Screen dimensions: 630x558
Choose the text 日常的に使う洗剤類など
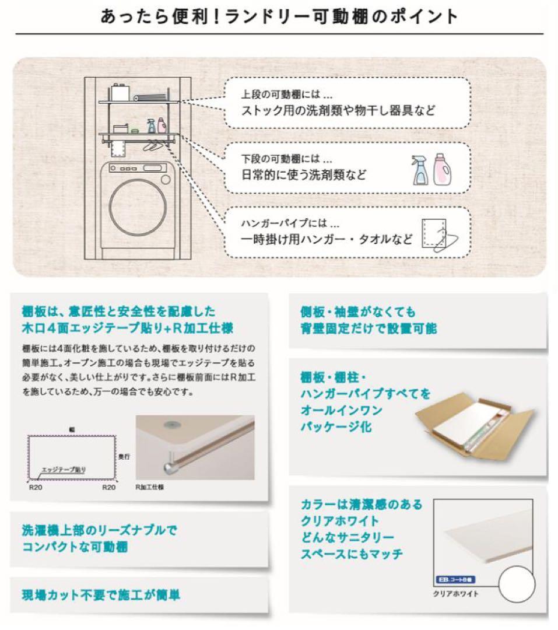tap(304, 174)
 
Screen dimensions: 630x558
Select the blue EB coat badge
tap(456, 580)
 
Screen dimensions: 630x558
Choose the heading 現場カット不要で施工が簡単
tap(100, 595)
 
